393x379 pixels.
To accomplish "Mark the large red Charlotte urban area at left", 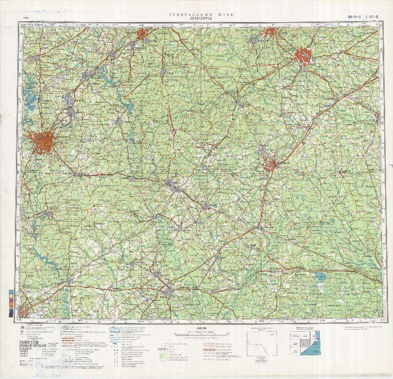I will pos(43,141).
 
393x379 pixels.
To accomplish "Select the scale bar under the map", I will pos(199,333).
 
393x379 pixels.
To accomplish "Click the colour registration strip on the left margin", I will pos(11,303).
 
